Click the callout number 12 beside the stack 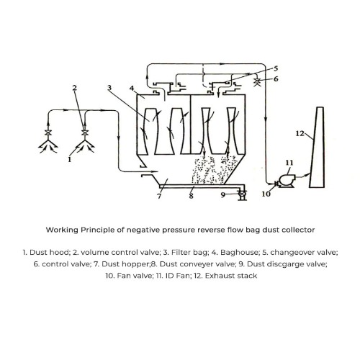click(x=300, y=133)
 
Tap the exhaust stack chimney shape click(x=318, y=148)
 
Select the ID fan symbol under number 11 click(x=286, y=181)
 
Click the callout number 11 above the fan click(x=289, y=163)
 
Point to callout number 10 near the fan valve click(x=266, y=194)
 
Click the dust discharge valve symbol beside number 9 click(x=241, y=194)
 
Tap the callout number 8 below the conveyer click(x=191, y=196)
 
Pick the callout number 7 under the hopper click(x=159, y=197)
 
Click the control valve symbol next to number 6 click(x=257, y=81)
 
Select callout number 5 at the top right click(x=276, y=68)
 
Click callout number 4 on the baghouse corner click(x=132, y=88)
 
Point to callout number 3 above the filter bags click(x=109, y=87)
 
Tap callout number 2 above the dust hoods click(x=75, y=88)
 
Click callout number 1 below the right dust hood click(x=70, y=159)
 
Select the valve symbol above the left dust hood click(x=48, y=132)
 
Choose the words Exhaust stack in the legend click(x=231, y=276)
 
